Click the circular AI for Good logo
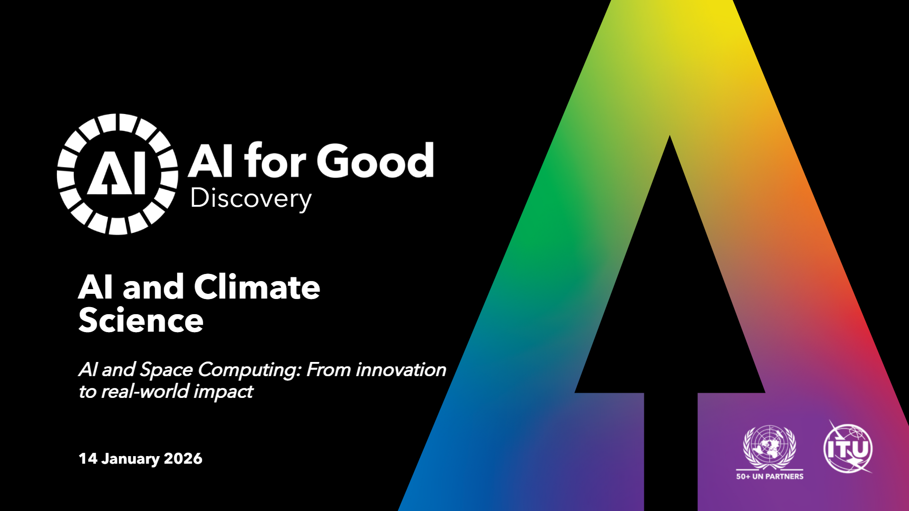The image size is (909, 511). click(117, 174)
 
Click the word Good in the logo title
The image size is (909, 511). click(375, 161)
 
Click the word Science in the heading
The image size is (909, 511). click(141, 320)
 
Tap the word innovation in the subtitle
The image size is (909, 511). click(401, 370)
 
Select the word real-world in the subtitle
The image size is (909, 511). click(145, 391)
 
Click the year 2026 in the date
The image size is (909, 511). click(183, 458)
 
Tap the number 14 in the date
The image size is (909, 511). click(88, 458)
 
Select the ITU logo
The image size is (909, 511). click(848, 447)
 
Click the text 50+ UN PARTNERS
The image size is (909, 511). click(770, 476)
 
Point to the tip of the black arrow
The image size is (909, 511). click(669, 136)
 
